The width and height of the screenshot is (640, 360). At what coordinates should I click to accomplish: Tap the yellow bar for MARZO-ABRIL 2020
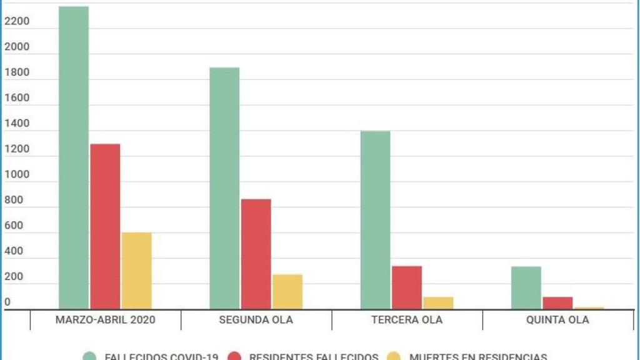click(x=137, y=271)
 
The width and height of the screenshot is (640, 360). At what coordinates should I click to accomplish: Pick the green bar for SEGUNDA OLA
click(x=224, y=188)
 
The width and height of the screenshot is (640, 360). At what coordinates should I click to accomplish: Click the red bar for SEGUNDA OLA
click(x=256, y=254)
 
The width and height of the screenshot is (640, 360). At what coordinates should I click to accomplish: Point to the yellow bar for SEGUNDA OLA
click(x=287, y=291)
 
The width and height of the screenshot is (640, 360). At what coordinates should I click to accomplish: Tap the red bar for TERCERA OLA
click(x=407, y=287)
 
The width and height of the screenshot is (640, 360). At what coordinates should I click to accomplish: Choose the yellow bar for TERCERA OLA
click(x=438, y=302)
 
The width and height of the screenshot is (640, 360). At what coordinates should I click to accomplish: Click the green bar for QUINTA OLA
click(x=526, y=287)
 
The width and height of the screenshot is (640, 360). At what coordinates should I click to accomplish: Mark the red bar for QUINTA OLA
click(x=557, y=302)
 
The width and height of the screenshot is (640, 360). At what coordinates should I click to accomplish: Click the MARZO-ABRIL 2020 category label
click(x=106, y=320)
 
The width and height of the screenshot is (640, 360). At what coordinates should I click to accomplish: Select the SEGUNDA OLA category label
click(x=256, y=320)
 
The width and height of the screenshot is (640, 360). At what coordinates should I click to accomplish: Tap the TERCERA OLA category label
click(x=407, y=320)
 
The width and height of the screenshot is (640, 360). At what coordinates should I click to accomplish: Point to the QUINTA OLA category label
click(x=558, y=320)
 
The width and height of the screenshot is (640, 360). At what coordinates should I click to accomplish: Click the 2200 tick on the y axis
click(x=17, y=22)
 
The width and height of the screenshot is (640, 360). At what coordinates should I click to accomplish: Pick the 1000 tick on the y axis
click(x=17, y=175)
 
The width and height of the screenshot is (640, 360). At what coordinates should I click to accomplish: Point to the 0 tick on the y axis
click(x=7, y=302)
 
